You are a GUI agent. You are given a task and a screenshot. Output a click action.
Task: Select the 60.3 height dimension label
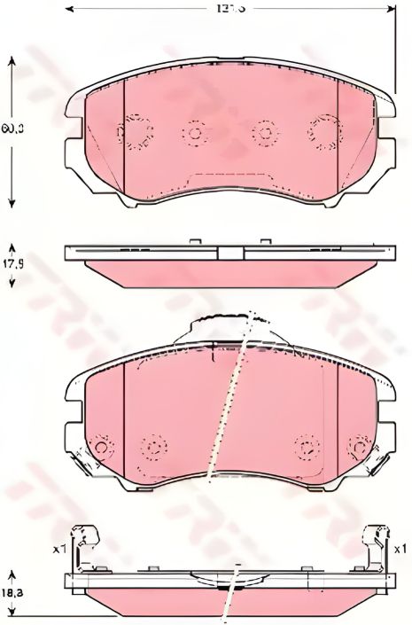coord(11,129)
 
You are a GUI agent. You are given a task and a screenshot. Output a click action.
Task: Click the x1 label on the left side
coord(59,550)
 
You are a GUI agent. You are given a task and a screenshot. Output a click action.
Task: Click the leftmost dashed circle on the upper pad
coord(135,132)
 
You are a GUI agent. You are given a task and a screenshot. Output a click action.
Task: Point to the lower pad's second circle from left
coord(155,446)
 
